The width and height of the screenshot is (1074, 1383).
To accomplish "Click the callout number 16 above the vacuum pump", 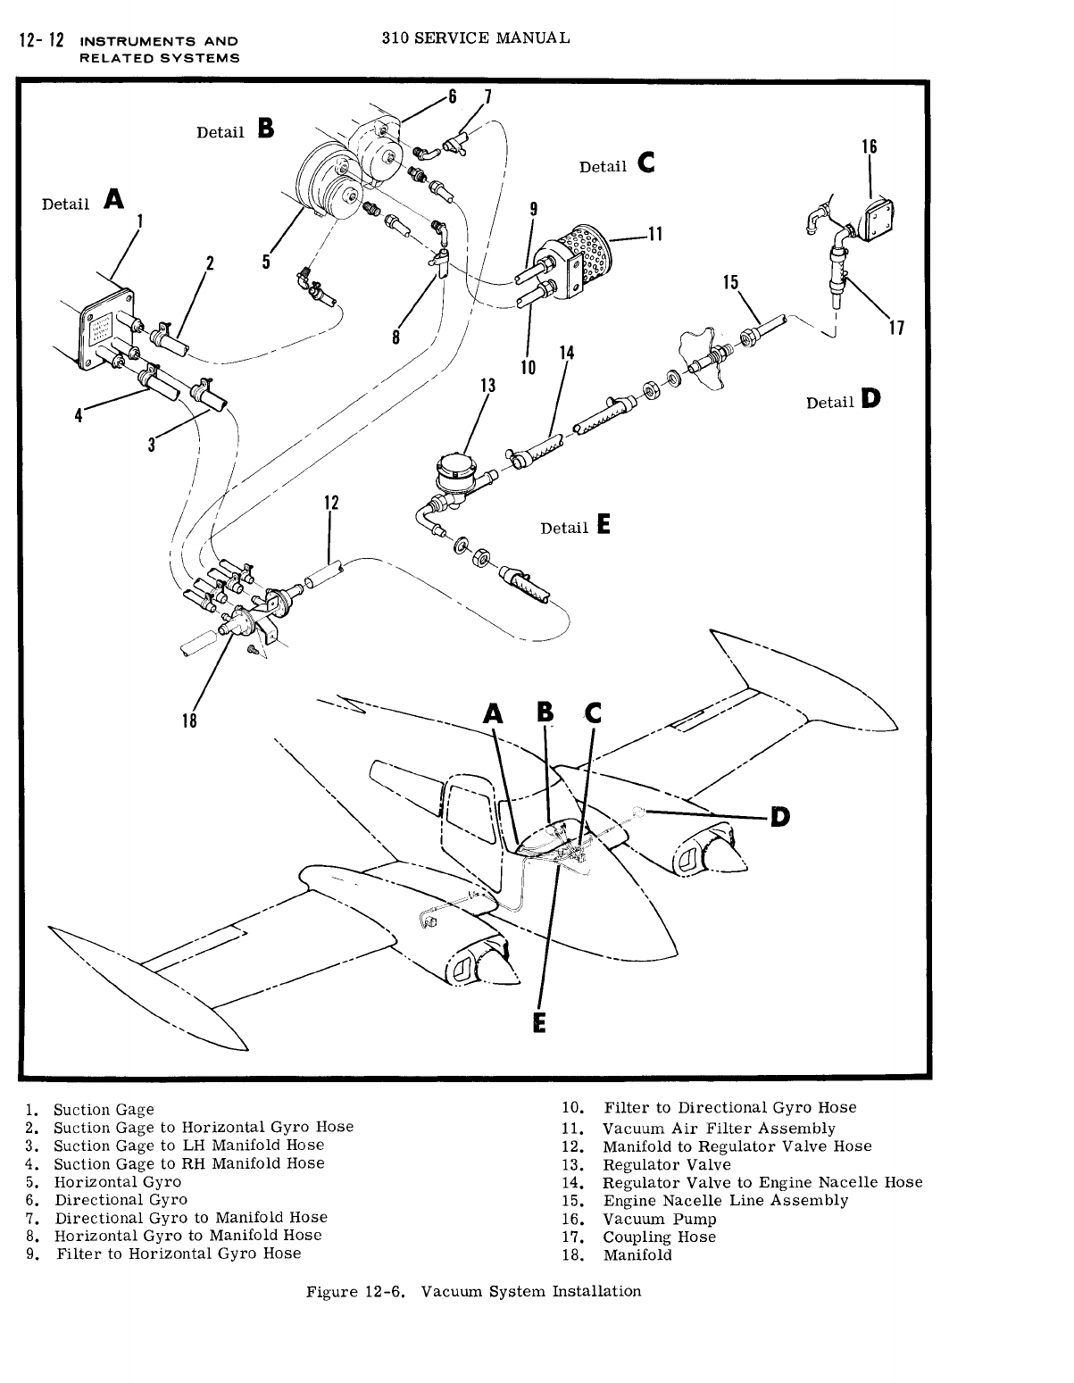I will tap(870, 146).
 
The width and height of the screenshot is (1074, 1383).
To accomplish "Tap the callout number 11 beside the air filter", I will tap(654, 235).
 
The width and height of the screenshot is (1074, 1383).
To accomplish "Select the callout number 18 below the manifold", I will tap(188, 721).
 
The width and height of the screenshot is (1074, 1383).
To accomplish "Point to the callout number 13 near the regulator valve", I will tap(487, 386).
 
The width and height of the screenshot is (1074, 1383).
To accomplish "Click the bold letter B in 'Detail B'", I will tap(265, 129).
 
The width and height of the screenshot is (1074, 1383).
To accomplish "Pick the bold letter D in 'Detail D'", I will tap(870, 400).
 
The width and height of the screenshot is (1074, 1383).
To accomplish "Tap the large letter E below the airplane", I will tap(538, 1021).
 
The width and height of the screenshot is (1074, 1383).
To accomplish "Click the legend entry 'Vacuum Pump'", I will tap(659, 1219).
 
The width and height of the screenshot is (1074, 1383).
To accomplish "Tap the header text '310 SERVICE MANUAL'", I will tap(474, 38).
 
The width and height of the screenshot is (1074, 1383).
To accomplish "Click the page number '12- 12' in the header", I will tap(36, 41).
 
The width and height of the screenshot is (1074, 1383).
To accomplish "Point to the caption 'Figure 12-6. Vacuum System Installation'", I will tap(473, 1291).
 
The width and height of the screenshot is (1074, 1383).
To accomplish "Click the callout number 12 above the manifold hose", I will tap(331, 503).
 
